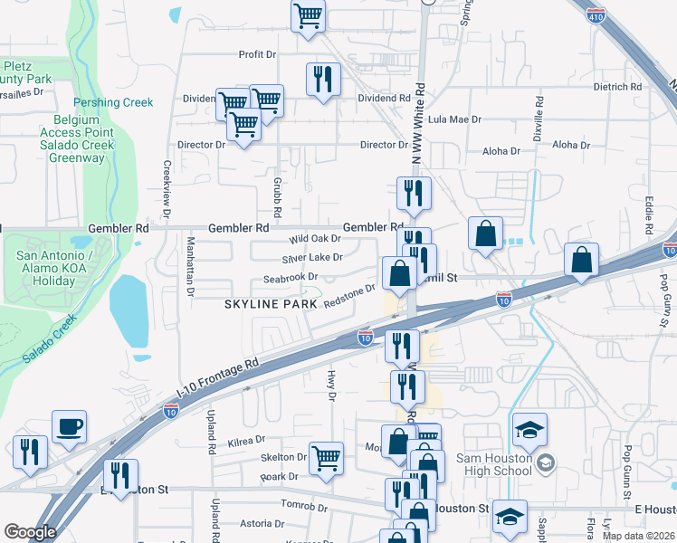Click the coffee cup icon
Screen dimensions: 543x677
click(69, 427)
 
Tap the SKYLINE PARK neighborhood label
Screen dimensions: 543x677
click(271, 305)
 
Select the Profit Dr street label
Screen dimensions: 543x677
click(257, 54)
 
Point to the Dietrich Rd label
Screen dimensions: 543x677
click(617, 87)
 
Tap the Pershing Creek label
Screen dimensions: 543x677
click(113, 102)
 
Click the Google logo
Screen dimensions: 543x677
click(30, 531)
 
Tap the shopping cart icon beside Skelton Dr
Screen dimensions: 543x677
click(326, 457)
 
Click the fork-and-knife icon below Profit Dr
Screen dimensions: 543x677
click(321, 80)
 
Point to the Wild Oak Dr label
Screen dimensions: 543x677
click(314, 239)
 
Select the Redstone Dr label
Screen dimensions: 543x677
click(348, 296)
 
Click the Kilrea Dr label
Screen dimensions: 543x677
click(245, 441)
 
